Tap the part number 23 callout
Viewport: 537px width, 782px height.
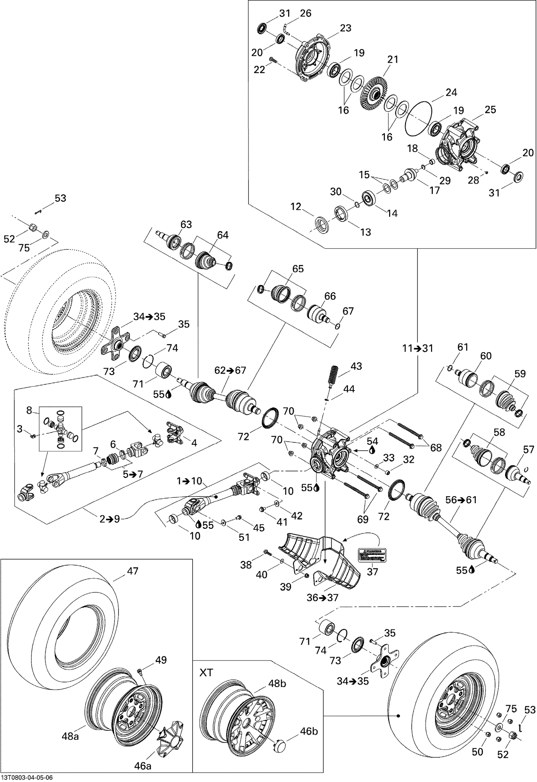345,28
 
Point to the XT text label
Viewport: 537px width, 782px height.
206,672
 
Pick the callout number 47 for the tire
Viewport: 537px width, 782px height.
132,571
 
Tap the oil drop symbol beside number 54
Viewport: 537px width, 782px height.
372,450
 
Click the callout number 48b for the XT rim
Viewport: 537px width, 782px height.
277,683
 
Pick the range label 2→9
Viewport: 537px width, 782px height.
110,519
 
